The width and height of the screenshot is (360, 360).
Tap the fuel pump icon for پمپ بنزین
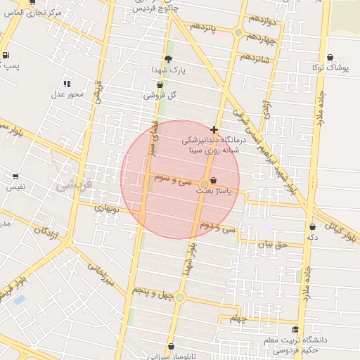point(6,55)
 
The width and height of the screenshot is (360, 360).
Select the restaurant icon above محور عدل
point(67,83)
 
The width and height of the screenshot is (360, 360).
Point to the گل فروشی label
point(160,95)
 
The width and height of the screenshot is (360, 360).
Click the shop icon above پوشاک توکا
point(330,58)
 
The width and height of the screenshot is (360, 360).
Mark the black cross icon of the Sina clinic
point(214,129)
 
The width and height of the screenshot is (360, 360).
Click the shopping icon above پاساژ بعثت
point(213,181)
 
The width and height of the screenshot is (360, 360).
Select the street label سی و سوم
point(176,180)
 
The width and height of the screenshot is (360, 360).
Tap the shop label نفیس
point(15,187)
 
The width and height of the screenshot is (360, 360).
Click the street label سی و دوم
point(217,226)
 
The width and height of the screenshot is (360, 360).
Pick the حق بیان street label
point(273,245)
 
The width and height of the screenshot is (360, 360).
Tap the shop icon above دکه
point(312,227)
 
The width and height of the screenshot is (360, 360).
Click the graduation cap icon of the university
point(295,329)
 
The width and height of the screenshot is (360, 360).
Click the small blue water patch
point(20,300)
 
